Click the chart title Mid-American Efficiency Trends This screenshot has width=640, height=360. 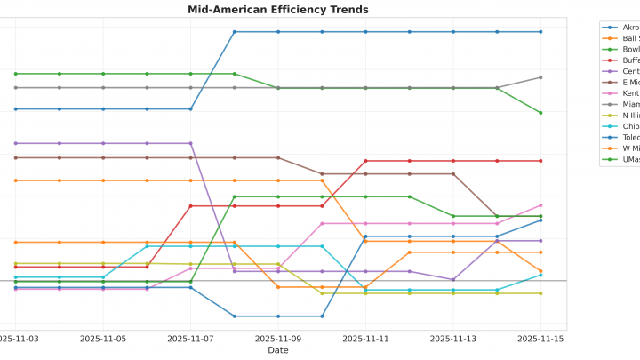pos(277,10)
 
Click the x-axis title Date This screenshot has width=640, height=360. pos(277,350)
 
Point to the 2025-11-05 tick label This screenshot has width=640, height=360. pos(103,339)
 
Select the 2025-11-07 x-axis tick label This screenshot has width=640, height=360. pos(190,339)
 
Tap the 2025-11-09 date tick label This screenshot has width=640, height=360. pos(277,339)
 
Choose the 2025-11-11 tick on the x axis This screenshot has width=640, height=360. pos(365,339)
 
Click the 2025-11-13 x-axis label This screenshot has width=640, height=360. pos(452,339)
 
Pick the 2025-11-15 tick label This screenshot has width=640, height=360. pos(540,339)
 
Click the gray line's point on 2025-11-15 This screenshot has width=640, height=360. pos(540,77)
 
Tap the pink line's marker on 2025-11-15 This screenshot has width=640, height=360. pos(540,205)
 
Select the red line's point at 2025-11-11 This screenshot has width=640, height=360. pos(365,161)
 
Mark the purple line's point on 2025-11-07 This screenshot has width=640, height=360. pos(190,143)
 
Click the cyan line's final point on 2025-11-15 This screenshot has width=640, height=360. pos(540,275)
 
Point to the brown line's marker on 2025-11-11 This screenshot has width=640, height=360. pos(365,174)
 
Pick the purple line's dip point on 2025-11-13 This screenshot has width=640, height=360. pos(453,280)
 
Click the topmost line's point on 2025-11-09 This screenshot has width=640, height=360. pos(278,32)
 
